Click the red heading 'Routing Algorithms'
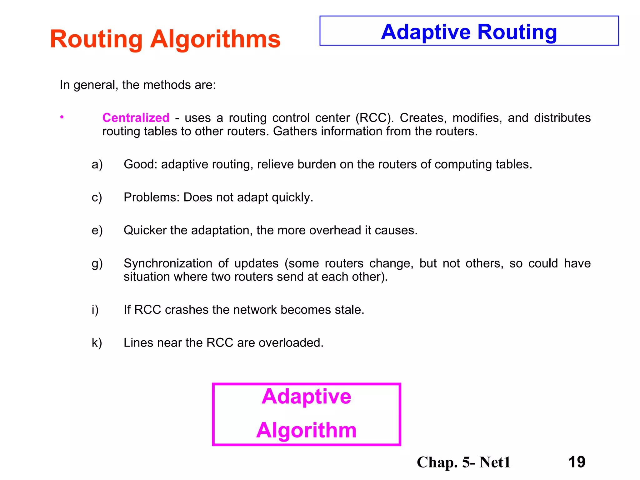(x=165, y=39)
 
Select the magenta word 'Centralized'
(x=136, y=118)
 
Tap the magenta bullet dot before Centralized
(x=62, y=117)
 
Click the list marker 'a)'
(x=97, y=164)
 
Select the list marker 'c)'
(x=97, y=197)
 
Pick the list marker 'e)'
(x=97, y=230)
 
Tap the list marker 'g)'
(x=97, y=263)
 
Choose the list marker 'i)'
(x=95, y=310)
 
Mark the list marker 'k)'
(x=97, y=343)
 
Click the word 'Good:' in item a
(x=141, y=164)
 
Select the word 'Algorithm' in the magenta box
(x=306, y=430)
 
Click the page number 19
(x=577, y=462)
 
